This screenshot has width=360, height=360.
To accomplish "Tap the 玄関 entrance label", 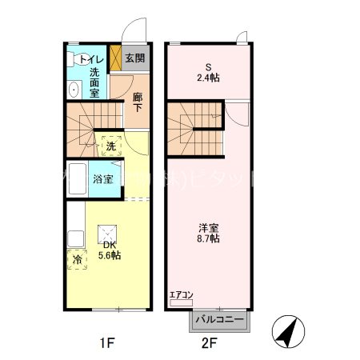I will [x=135, y=58].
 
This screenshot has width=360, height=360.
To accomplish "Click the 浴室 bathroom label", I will [x=102, y=179].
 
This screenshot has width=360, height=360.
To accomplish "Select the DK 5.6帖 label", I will [x=109, y=250].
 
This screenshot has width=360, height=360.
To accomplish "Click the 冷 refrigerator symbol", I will [x=78, y=259].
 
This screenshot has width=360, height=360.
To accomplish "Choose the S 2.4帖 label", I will [x=208, y=73].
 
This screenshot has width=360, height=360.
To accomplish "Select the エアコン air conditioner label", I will [x=182, y=296].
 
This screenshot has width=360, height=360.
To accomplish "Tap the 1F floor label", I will [x=107, y=344].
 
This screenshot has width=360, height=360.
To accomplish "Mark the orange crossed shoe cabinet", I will [x=115, y=58].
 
